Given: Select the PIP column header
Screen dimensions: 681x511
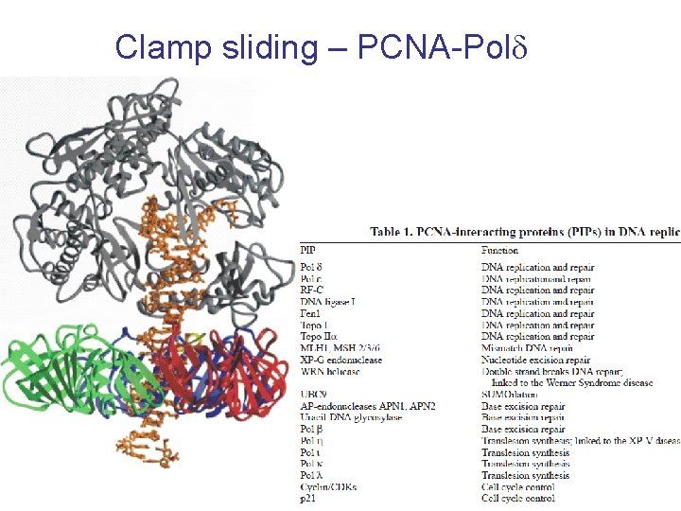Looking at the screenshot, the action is [308, 250].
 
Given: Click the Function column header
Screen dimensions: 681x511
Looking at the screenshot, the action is [499, 250].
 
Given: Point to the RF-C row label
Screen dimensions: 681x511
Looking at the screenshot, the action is [314, 291].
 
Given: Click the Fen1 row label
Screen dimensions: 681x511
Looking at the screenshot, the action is [312, 313].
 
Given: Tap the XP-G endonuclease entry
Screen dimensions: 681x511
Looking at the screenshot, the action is [341, 360].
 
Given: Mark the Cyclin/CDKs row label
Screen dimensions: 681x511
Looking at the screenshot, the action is [329, 486].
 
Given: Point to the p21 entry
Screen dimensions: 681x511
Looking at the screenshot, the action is [308, 499].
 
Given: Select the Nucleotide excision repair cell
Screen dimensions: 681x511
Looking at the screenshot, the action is [535, 360].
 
